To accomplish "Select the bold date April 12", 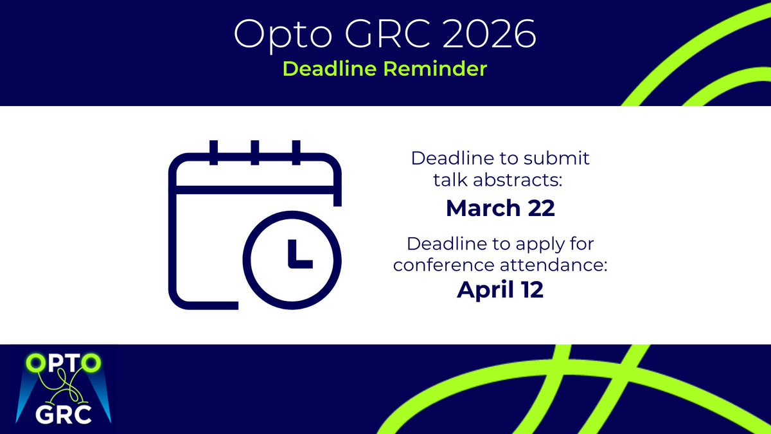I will coord(501,290).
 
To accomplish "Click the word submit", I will coord(566,158).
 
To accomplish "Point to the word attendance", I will coord(550,266).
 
